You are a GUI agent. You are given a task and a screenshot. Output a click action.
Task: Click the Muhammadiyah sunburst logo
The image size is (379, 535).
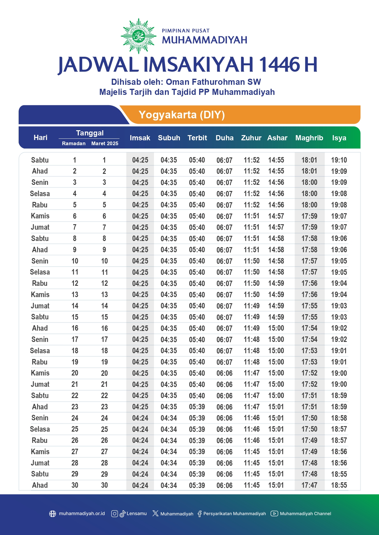point(139,36)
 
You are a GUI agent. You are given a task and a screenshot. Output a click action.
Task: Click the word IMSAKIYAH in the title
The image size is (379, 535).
point(198,65)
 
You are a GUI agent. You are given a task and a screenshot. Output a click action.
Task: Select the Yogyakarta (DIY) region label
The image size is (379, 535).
point(182,115)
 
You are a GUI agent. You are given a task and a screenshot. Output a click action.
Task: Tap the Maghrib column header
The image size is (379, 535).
point(309,138)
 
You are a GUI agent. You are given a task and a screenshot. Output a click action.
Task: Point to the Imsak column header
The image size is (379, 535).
point(140,138)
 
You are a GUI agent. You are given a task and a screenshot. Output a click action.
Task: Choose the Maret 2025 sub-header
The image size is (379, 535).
point(105,143)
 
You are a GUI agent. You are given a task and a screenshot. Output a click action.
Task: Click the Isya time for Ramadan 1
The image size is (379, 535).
point(339,160)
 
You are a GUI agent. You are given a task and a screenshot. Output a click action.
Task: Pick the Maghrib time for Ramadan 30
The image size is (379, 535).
point(309,485)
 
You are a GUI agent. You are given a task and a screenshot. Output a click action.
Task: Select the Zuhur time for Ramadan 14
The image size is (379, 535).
point(252,306)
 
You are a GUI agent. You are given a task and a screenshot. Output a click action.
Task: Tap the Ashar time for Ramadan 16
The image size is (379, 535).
point(276,328)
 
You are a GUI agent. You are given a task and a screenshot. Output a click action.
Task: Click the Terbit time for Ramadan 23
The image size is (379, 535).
point(197,407)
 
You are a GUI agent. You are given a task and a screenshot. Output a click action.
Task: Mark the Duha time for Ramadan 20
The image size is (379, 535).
point(224,373)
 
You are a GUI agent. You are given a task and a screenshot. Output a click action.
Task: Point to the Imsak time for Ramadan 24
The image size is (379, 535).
point(140,418)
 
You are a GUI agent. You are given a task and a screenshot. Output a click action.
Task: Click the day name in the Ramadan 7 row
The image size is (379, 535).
point(40,227)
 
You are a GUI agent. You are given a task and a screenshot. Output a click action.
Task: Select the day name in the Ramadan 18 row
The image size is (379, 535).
point(40,351)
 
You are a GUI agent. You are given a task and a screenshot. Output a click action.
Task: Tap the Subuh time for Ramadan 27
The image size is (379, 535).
point(169,452)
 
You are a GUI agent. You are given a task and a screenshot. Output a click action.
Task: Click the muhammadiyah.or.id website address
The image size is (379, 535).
point(82,514)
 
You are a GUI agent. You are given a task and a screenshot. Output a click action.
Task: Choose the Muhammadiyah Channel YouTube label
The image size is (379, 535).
point(305,514)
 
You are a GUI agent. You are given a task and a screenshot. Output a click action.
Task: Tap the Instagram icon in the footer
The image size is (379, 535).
point(115,514)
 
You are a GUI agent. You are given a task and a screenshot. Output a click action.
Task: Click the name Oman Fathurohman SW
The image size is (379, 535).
point(213,82)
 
